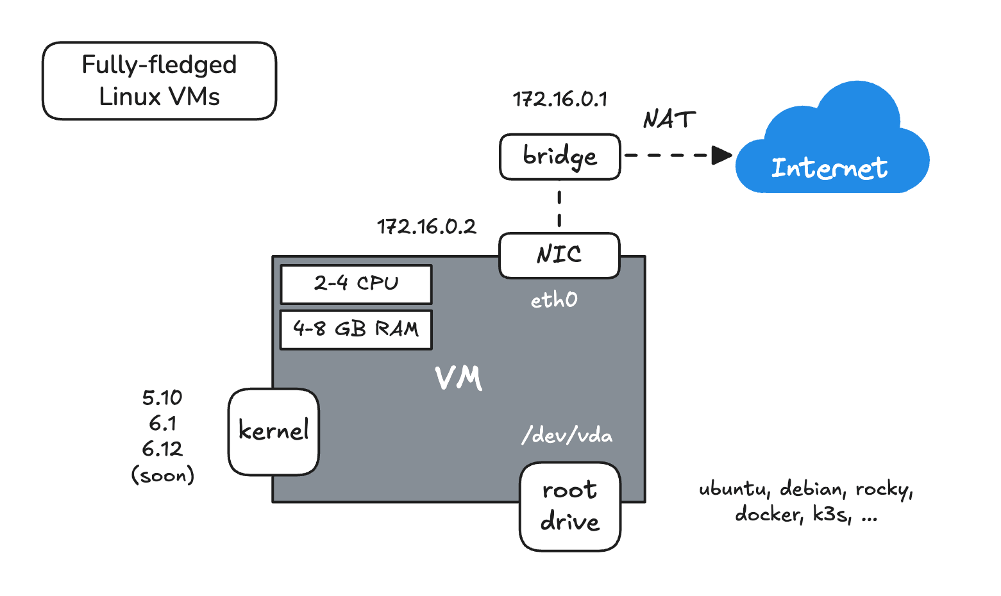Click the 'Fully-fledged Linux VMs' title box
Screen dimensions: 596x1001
159,81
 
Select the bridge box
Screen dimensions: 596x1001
560,156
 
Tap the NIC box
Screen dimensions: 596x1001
559,255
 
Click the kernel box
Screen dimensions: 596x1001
274,431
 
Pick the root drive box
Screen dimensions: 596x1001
569,506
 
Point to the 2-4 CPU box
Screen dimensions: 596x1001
356,284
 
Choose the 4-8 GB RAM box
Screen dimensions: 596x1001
356,329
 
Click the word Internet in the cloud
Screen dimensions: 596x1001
829,168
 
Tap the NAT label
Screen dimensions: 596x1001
669,120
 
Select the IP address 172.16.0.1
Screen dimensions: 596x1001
560,99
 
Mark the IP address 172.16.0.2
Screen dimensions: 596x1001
426,227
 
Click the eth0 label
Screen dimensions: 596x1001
554,300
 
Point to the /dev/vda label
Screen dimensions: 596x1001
567,436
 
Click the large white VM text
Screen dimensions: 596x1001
458,378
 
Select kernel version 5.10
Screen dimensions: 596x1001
162,398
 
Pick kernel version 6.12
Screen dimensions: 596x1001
162,449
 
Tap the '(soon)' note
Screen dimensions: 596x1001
162,476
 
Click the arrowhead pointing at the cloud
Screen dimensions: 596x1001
722,155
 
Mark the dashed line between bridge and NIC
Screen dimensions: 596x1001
559,207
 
